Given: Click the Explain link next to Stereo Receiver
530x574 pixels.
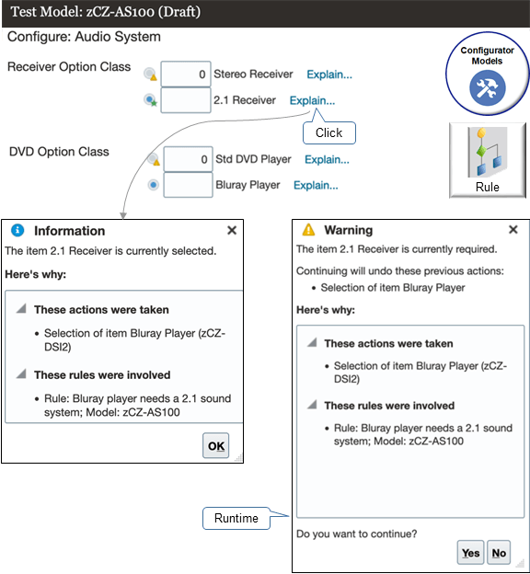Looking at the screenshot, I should tap(328, 75).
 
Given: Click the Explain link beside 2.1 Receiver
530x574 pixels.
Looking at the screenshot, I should tap(312, 100).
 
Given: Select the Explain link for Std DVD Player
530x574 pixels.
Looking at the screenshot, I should tap(327, 159).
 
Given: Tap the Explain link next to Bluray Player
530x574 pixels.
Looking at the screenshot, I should tap(316, 185).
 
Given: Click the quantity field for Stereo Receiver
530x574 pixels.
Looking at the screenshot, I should tap(186, 75).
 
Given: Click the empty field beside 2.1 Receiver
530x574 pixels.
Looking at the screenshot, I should tap(186, 100).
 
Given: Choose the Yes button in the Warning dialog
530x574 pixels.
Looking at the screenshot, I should tap(470, 553).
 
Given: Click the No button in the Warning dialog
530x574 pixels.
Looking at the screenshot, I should tap(499, 553).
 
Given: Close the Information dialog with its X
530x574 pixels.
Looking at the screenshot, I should tap(232, 231).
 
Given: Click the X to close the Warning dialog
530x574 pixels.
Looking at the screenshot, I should tap(513, 230).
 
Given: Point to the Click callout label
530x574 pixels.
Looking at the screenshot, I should tap(328, 132).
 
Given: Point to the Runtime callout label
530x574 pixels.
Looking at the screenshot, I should tap(236, 518).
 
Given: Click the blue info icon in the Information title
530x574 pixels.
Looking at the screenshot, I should tap(17, 231).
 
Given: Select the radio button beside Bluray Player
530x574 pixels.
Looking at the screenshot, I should tap(153, 185).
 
